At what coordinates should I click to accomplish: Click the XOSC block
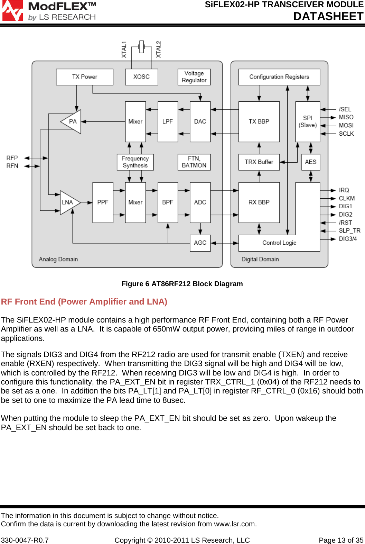(x=141, y=77)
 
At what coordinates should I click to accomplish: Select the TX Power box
(x=84, y=77)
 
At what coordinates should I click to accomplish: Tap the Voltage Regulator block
(x=194, y=77)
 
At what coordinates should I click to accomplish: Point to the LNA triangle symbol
(x=68, y=202)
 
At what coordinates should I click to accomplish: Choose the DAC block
(x=200, y=121)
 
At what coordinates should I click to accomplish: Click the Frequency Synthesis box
(x=135, y=162)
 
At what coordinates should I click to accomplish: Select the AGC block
(x=200, y=243)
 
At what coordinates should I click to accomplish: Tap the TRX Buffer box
(x=259, y=162)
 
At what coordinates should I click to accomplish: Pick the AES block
(x=310, y=162)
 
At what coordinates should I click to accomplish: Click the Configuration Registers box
(x=279, y=77)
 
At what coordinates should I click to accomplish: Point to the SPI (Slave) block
(x=308, y=121)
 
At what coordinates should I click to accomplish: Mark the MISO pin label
(x=346, y=117)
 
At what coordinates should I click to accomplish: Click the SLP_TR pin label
(x=349, y=230)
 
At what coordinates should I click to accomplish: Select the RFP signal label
(x=12, y=158)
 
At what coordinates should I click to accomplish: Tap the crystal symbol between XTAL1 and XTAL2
(x=141, y=47)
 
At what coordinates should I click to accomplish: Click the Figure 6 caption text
(x=182, y=284)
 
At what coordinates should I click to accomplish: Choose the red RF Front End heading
(x=84, y=302)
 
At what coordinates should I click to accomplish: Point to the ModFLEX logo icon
(x=13, y=10)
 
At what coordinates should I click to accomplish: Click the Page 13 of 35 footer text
(x=341, y=540)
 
